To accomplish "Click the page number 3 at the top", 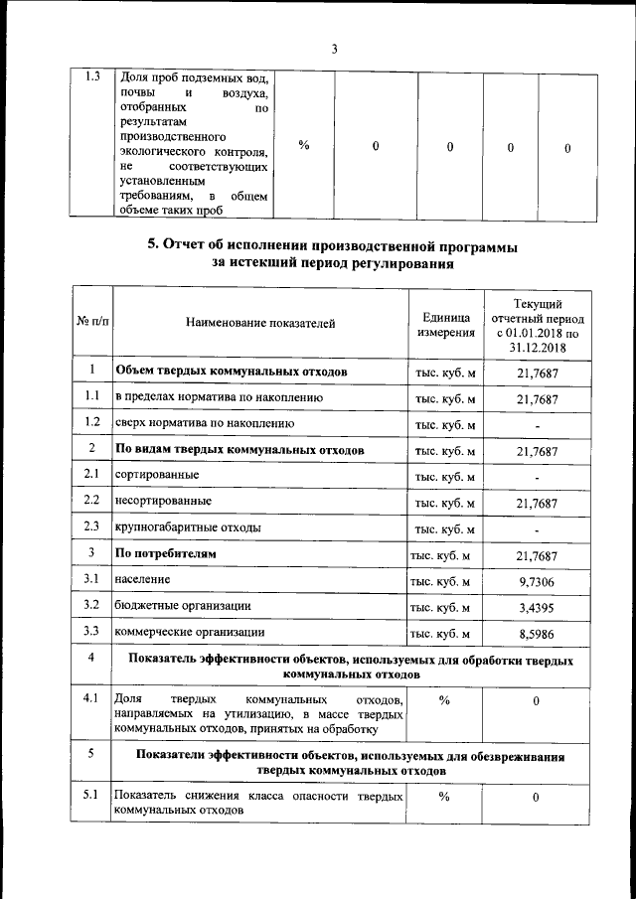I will (x=334, y=50).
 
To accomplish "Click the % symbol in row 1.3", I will (x=303, y=146).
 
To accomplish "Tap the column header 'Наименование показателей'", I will (x=260, y=323).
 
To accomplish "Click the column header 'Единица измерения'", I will (x=444, y=324).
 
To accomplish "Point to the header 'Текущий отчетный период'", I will (x=537, y=324).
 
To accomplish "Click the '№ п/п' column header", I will (x=90, y=323).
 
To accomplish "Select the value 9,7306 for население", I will (x=537, y=579).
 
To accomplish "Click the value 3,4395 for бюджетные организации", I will (x=537, y=605).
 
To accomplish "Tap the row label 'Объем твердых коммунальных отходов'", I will (x=231, y=372).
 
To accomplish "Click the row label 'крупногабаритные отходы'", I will (x=189, y=526).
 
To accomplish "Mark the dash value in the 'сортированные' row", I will (x=537, y=477).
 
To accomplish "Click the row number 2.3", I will (x=90, y=526).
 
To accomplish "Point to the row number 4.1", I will (x=90, y=699).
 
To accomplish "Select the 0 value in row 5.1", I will (x=537, y=798).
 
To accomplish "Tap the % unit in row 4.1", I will (x=444, y=700).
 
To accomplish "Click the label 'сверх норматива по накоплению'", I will (x=204, y=423).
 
